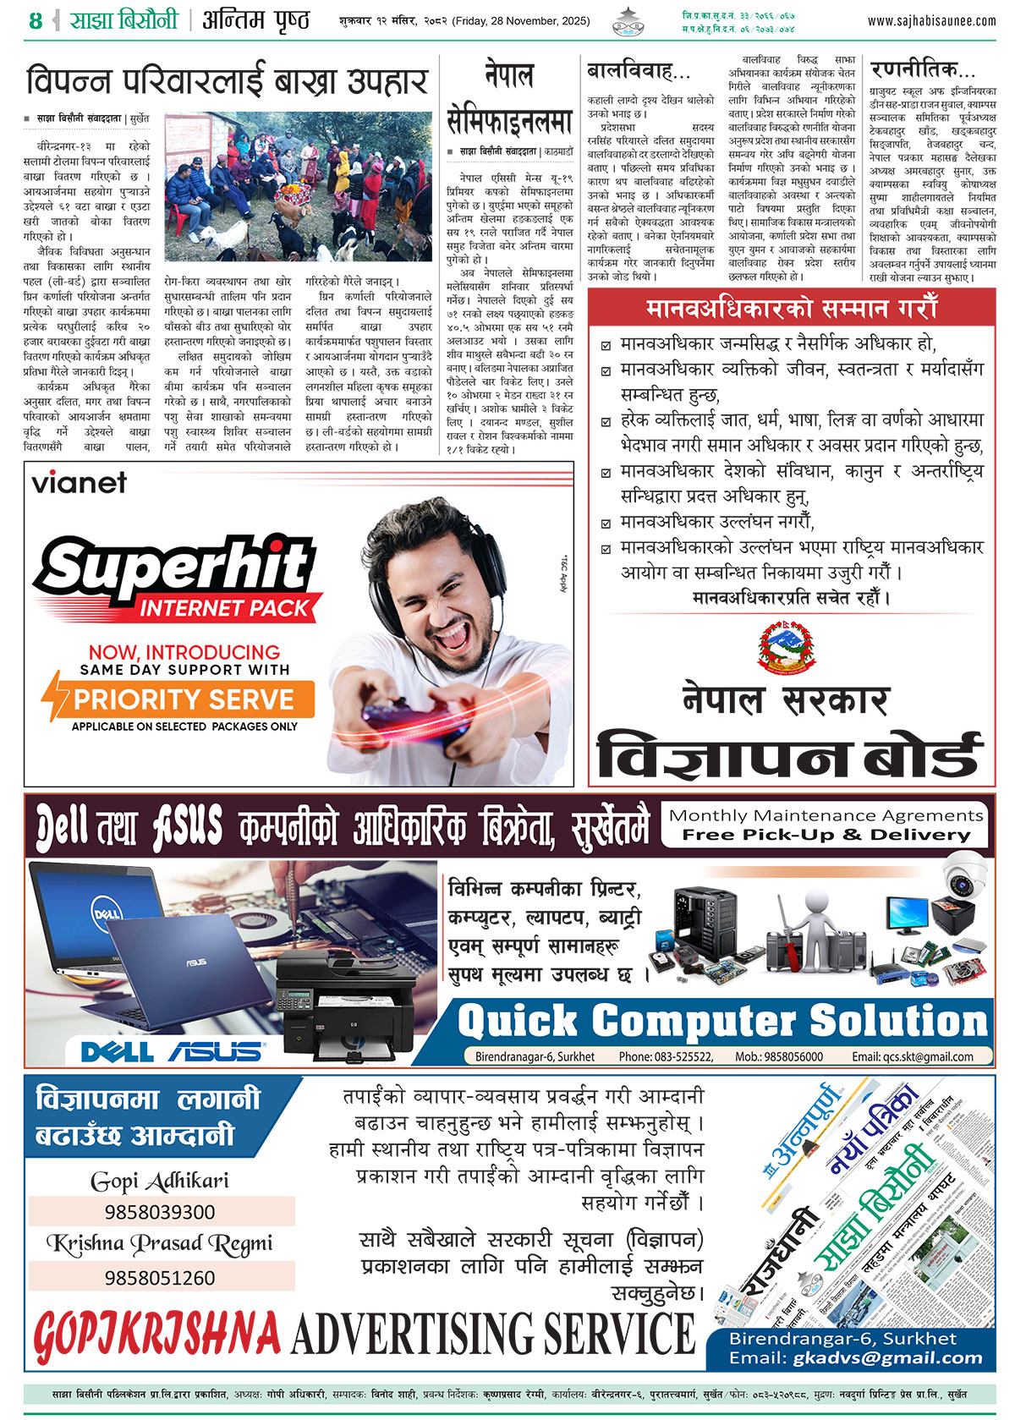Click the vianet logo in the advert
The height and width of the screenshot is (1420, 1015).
[79, 483]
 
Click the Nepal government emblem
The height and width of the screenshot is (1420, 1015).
[790, 647]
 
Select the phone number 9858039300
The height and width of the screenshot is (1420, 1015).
[160, 1212]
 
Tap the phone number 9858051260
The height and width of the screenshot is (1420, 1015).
[160, 1277]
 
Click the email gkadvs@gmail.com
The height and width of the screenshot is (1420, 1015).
[888, 1358]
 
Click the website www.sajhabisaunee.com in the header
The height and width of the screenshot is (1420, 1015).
[931, 20]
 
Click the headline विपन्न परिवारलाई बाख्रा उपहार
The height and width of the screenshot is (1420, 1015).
[227, 82]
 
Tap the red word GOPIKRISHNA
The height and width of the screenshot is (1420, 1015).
[157, 1335]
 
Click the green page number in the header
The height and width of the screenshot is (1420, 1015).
[35, 20]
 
